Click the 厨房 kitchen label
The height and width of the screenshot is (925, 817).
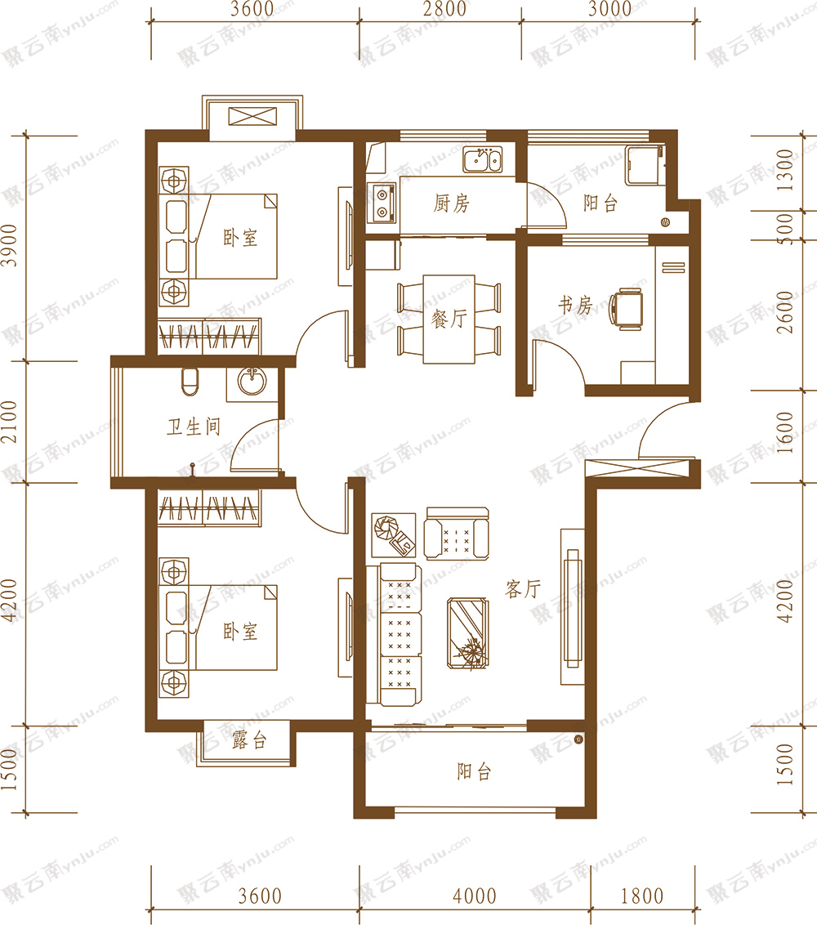(x=451, y=203)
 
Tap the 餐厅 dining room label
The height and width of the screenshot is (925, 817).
(x=449, y=320)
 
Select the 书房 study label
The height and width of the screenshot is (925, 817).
(x=575, y=305)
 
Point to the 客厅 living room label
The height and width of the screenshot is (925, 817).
(x=523, y=588)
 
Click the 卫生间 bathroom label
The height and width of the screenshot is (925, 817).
(x=194, y=427)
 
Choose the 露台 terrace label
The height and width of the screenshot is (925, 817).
(x=249, y=740)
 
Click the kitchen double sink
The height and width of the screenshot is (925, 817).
(x=483, y=159)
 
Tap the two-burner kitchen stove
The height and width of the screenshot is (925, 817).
(x=382, y=203)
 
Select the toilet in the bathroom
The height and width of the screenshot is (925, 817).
(x=190, y=382)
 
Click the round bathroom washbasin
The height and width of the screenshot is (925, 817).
(x=252, y=381)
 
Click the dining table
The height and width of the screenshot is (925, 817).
(x=449, y=320)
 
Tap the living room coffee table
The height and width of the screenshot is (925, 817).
(x=468, y=633)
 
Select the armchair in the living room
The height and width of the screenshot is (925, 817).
(x=457, y=534)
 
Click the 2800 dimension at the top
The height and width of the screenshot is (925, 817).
(x=444, y=9)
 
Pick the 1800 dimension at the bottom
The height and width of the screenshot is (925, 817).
(x=642, y=896)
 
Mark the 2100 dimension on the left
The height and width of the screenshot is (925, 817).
(x=10, y=422)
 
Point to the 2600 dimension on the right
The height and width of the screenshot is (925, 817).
(x=785, y=313)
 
